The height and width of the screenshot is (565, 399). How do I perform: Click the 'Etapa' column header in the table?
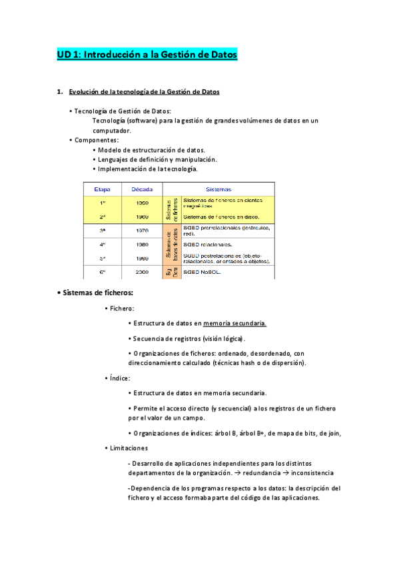103,189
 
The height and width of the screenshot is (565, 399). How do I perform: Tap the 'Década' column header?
141,189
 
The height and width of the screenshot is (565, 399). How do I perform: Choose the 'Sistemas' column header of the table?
218,189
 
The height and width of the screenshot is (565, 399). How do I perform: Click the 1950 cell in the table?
141,203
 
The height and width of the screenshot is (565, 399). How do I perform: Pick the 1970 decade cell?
141,231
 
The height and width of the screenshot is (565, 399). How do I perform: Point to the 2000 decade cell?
141,272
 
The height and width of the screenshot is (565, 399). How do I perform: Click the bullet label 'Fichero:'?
122,308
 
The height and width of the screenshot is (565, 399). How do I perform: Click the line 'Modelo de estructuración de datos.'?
151,150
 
